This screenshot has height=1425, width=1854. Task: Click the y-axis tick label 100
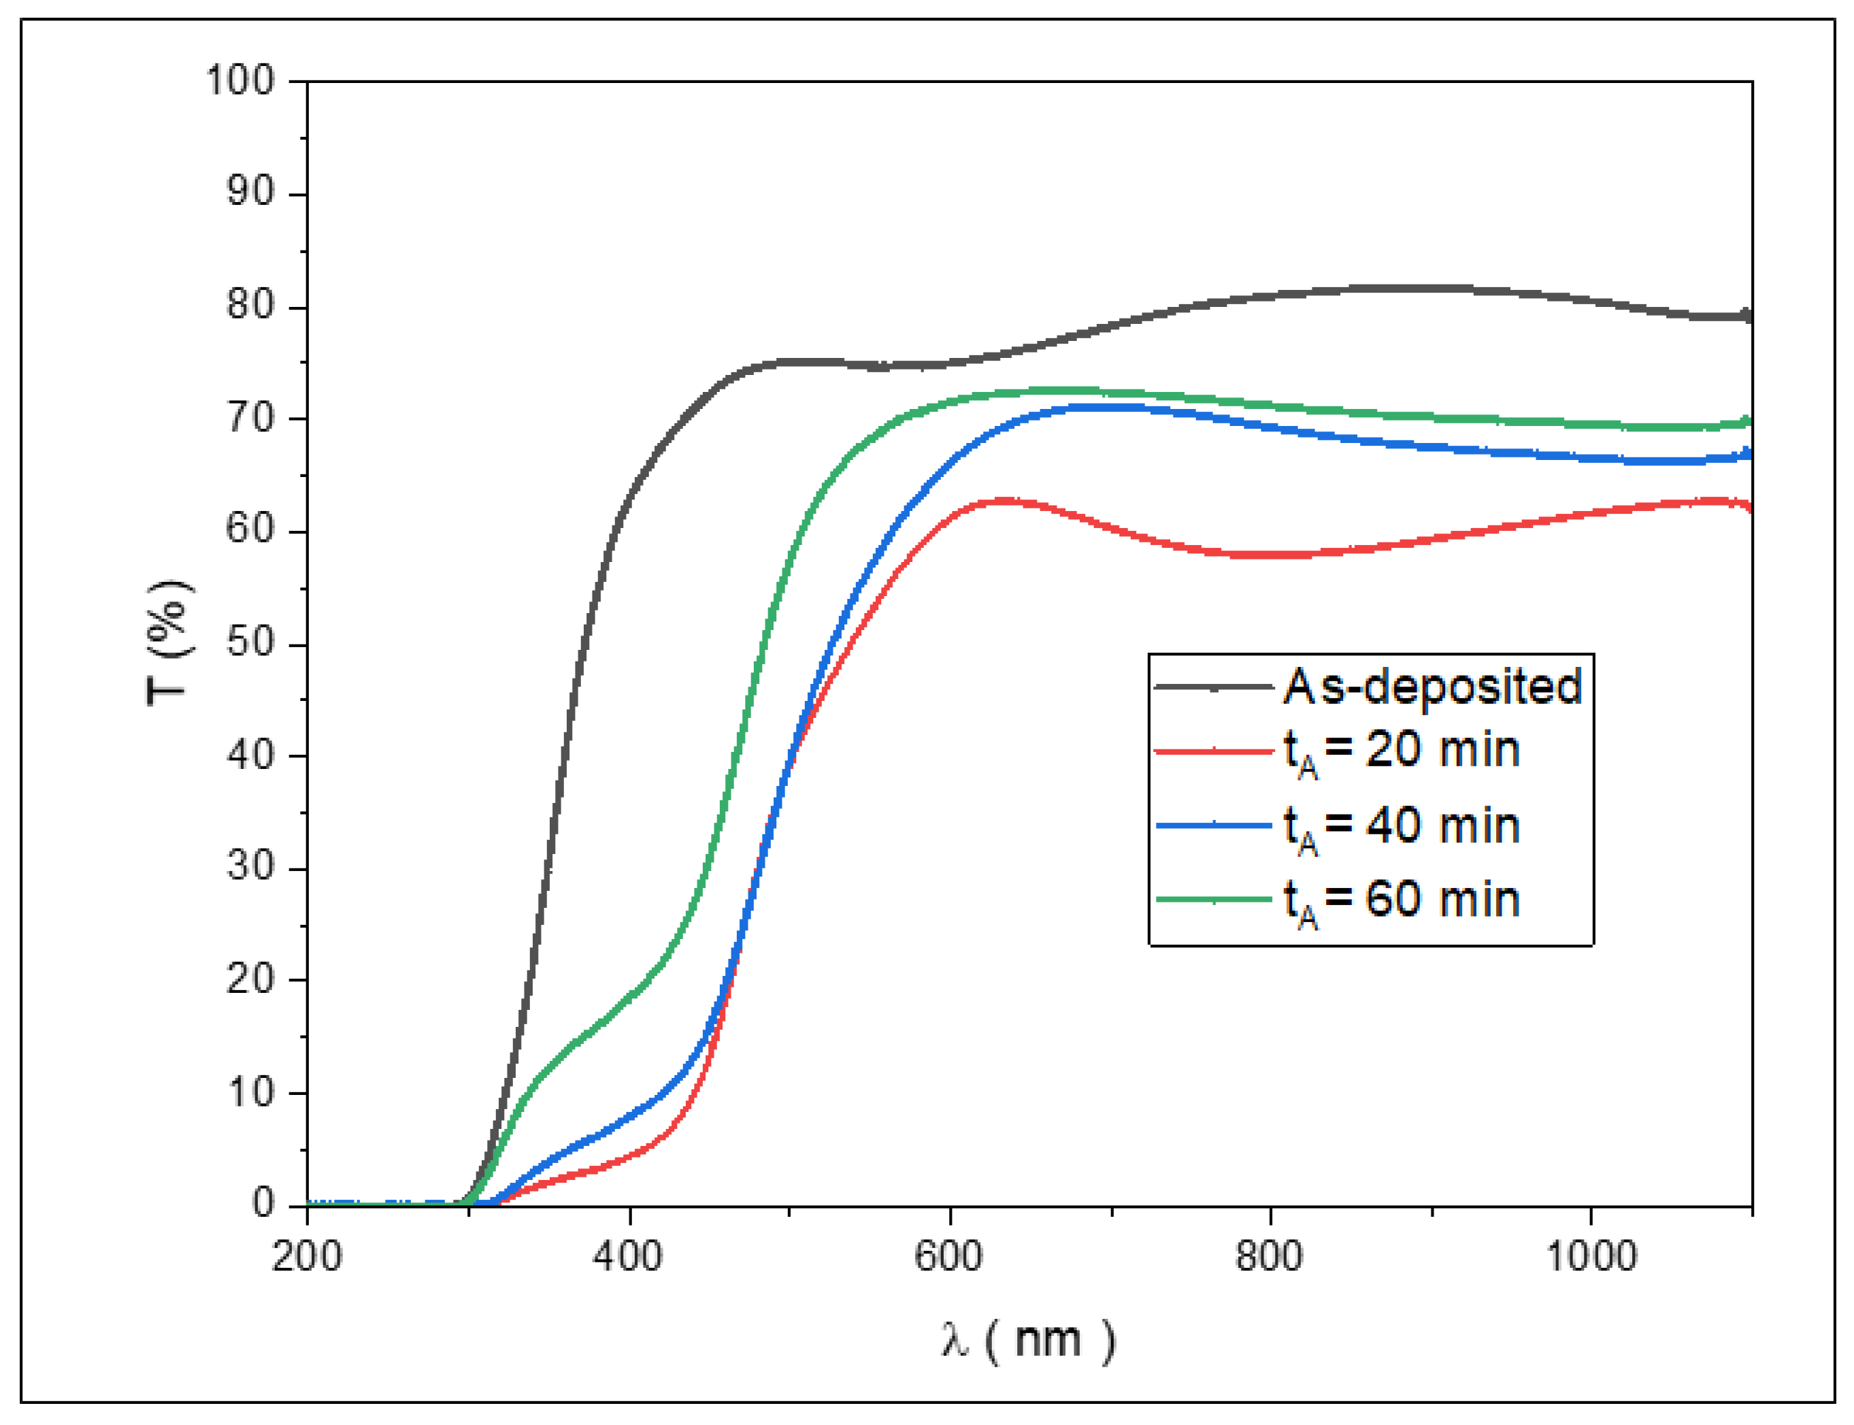click(x=241, y=82)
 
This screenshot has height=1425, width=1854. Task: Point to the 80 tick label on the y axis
click(x=251, y=306)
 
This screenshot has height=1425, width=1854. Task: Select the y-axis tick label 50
click(x=251, y=643)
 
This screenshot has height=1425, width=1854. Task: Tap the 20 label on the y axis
click(x=251, y=980)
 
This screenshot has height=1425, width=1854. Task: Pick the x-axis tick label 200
click(x=306, y=1256)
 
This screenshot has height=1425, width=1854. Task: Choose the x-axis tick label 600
click(x=948, y=1256)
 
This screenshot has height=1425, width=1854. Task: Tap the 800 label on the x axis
click(x=1269, y=1256)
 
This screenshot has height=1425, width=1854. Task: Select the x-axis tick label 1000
click(x=1591, y=1256)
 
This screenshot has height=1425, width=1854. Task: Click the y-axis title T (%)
click(x=169, y=643)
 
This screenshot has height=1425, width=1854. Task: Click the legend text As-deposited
click(x=1431, y=686)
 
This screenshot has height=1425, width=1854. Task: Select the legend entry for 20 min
click(x=1401, y=751)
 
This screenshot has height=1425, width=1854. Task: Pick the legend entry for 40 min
click(x=1401, y=826)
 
